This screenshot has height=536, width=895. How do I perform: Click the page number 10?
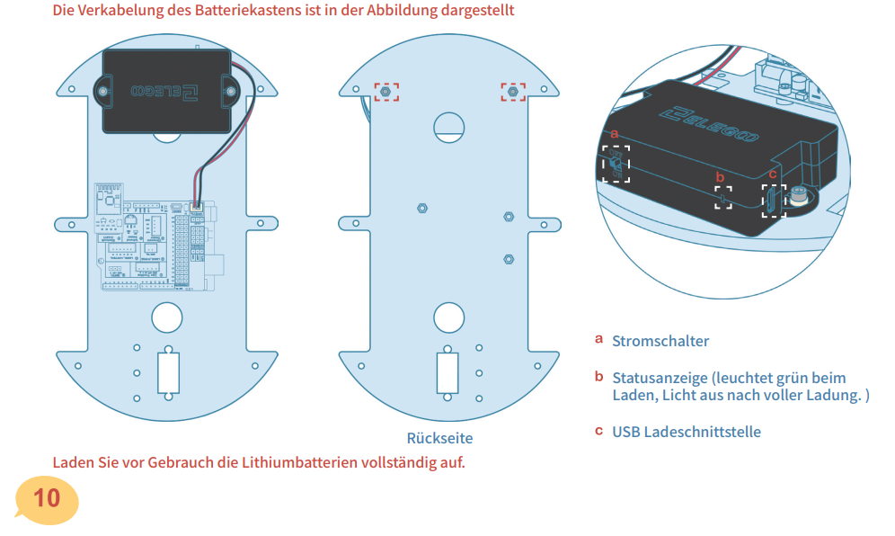pyautogui.click(x=46, y=496)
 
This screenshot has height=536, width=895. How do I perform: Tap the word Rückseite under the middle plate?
pyautogui.click(x=439, y=438)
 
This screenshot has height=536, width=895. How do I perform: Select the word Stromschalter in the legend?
pyautogui.click(x=660, y=341)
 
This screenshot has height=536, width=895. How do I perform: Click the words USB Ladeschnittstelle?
pyautogui.click(x=687, y=432)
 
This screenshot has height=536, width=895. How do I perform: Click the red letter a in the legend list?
pyautogui.click(x=598, y=340)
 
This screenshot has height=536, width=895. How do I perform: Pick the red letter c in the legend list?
pyautogui.click(x=598, y=431)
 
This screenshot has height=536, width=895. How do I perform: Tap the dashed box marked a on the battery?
pyautogui.click(x=616, y=165)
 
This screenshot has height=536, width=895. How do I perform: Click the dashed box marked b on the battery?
pyautogui.click(x=723, y=198)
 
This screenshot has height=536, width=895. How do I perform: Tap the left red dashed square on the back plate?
pyautogui.click(x=386, y=92)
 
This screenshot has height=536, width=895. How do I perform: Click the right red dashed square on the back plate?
pyautogui.click(x=513, y=92)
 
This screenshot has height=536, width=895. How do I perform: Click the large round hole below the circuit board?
pyautogui.click(x=168, y=317)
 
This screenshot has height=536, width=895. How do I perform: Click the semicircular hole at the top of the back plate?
pyautogui.click(x=448, y=125)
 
